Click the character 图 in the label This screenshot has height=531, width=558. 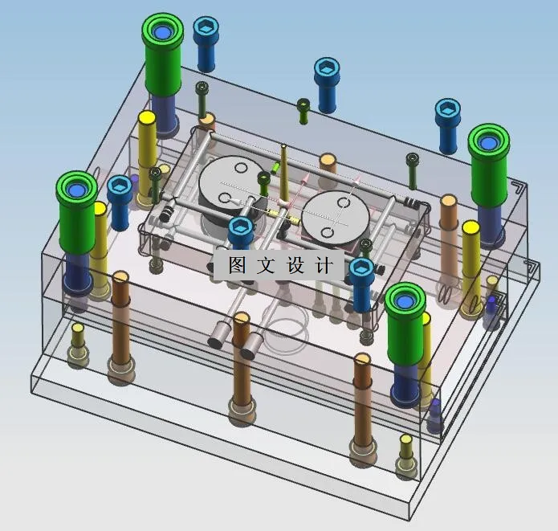pos(237,265)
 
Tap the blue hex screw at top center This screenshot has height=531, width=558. pos(326,70)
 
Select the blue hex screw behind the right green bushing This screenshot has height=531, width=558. pos(448,113)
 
